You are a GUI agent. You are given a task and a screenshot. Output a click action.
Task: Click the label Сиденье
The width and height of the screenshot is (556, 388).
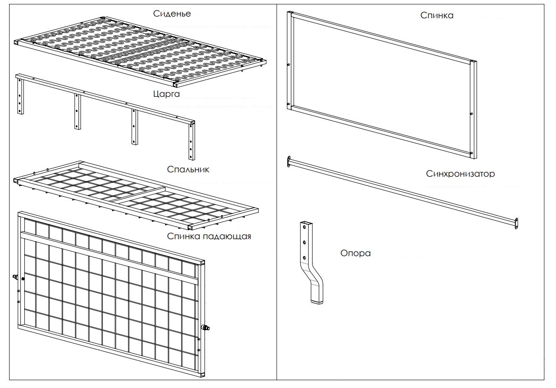coord(172,13)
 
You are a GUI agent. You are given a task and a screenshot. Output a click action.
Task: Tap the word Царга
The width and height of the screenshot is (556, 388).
coord(166,94)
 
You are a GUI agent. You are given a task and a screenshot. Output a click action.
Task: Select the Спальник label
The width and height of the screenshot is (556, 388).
coord(188,170)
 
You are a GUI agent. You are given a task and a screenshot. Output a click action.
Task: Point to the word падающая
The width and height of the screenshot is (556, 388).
coord(227,237)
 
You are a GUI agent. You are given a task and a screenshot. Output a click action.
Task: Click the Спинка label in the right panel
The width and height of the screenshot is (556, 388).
coord(437,16)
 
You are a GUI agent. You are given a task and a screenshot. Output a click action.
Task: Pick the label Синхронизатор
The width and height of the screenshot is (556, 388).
coord(460,174)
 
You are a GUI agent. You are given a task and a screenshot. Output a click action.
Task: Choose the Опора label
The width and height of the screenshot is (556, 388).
coord(355,253)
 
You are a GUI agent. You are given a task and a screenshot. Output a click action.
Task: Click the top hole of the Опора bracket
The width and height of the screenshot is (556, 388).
coord(305,227)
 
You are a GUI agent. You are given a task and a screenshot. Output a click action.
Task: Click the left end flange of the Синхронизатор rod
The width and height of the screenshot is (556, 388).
coord(289,161)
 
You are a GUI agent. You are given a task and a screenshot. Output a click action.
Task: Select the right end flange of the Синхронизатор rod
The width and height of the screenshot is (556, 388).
coord(516,223)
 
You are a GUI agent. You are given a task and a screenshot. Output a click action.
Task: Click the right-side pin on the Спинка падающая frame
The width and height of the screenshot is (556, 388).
coord(206,328)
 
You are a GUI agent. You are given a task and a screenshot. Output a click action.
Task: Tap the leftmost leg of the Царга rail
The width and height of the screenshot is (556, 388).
coord(20,96)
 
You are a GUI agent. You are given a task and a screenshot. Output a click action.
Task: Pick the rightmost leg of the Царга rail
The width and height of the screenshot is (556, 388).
coord(192,141)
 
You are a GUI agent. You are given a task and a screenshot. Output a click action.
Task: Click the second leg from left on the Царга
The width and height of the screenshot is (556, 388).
coord(78,112)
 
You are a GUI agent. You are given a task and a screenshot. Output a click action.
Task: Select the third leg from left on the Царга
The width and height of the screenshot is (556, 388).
coord(134,127)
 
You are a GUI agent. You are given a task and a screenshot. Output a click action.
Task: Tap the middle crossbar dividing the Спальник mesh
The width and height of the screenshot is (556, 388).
coord(139,194)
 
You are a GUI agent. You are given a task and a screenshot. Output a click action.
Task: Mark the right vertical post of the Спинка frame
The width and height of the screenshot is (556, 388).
coord(474,110)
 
